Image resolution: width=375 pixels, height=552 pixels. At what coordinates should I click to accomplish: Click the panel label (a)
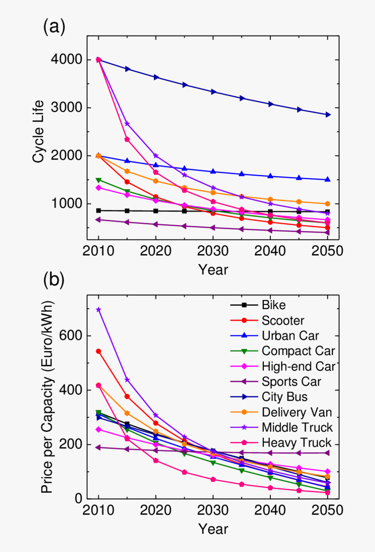(x=54, y=27)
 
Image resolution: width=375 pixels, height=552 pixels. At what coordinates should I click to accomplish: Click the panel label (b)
(x=54, y=280)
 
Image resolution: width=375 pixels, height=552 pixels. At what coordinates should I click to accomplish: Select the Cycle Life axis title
(x=39, y=131)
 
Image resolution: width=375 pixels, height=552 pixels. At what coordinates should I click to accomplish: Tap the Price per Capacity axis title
(x=47, y=396)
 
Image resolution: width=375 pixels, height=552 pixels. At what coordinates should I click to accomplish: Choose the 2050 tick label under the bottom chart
(x=327, y=511)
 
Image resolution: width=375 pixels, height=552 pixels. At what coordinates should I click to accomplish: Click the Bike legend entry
(x=274, y=305)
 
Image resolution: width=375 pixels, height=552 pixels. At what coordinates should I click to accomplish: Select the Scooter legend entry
(x=283, y=320)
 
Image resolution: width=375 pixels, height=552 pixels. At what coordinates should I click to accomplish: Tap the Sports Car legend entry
(x=291, y=382)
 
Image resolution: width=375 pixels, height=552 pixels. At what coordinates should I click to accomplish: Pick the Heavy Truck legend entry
(x=297, y=443)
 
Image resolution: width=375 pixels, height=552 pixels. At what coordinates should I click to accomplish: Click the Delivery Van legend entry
(x=297, y=412)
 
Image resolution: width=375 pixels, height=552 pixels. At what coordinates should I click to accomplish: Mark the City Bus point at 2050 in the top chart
(x=327, y=115)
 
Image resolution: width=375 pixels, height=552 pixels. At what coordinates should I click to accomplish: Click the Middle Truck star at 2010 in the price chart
(x=99, y=310)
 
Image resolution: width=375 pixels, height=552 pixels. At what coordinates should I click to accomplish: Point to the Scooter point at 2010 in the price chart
(x=99, y=351)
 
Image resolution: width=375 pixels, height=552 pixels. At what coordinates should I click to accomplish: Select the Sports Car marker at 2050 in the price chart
(x=327, y=453)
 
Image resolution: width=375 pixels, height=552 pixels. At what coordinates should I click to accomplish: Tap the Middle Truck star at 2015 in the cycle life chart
(x=127, y=124)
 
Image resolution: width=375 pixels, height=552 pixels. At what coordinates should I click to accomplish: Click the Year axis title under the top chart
(x=213, y=269)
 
